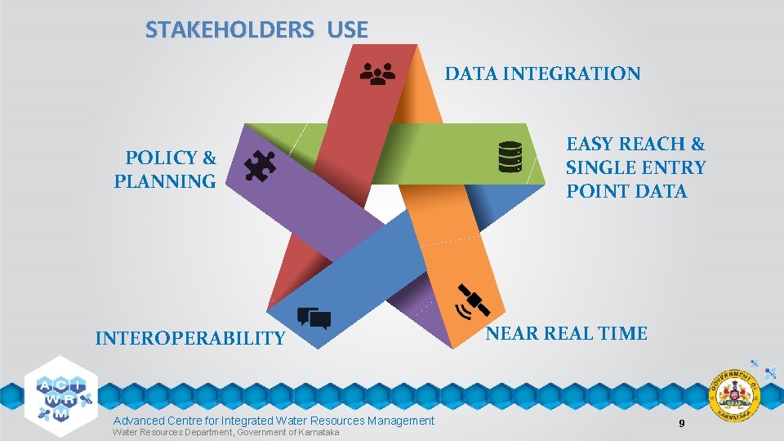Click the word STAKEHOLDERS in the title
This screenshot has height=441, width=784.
click(229, 30)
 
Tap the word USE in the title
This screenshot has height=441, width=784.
click(347, 30)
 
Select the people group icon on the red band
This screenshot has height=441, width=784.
click(377, 74)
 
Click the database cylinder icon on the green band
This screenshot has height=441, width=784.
click(510, 157)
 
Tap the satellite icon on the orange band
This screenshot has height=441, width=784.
click(473, 301)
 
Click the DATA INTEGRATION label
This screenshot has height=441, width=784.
click(542, 74)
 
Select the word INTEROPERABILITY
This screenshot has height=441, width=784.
click(190, 338)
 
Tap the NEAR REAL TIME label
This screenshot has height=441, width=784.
click(567, 333)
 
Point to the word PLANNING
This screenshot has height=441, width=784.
click(165, 181)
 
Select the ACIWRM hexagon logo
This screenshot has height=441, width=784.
click(61, 391)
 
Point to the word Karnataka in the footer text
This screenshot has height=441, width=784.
click(318, 432)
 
